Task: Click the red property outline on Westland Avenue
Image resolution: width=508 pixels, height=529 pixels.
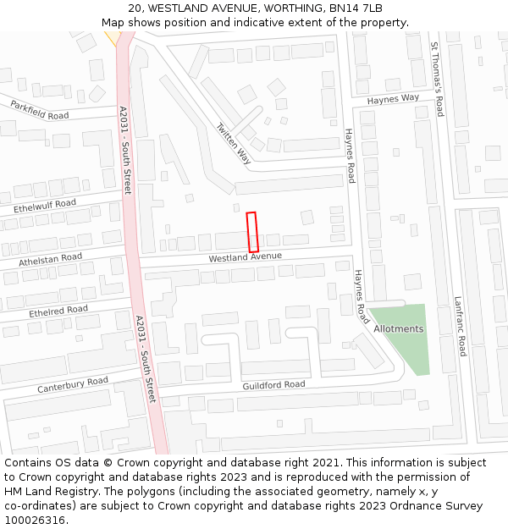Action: click(251, 231)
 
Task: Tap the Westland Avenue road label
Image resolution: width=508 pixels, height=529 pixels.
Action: click(246, 256)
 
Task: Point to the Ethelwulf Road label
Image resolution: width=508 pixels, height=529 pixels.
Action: click(45, 205)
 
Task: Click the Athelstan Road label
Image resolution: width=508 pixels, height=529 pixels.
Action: click(51, 259)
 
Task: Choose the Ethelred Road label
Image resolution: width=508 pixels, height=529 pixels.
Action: click(58, 311)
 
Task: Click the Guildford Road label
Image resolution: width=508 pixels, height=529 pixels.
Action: click(273, 385)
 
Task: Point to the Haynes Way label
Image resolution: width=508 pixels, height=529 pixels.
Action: click(393, 99)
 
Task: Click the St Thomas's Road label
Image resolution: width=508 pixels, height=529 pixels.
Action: click(438, 80)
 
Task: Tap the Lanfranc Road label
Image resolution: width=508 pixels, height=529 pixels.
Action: click(460, 326)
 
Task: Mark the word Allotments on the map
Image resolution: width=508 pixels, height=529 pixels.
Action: click(398, 328)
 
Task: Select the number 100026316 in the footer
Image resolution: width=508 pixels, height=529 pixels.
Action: click(36, 521)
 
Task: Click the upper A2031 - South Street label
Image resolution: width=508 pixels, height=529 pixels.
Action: click(125, 150)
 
